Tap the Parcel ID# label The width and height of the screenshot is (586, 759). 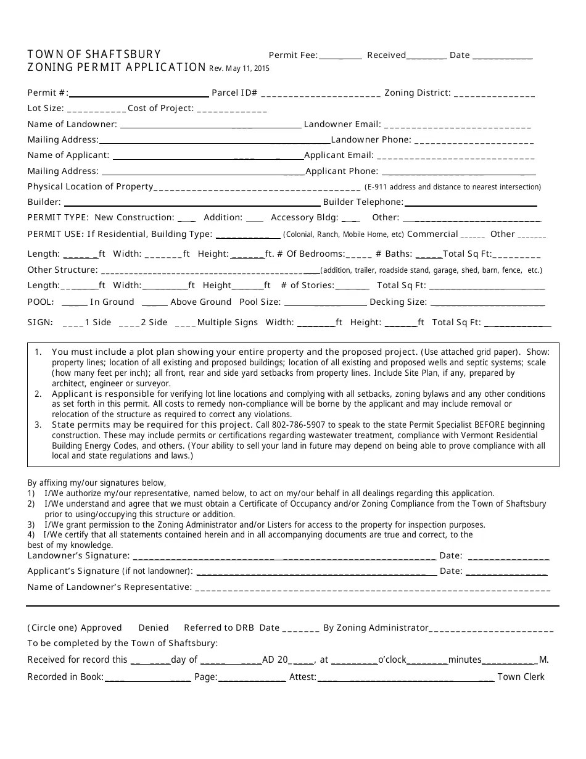point(234,93)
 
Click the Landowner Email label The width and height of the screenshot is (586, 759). point(342,124)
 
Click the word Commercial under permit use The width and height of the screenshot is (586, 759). point(432,234)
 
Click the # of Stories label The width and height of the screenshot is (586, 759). point(307,285)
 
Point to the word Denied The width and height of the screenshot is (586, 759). point(154,628)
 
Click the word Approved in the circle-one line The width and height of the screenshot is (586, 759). point(101,628)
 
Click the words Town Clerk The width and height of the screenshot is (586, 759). point(521,677)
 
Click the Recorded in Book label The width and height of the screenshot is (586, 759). point(65,677)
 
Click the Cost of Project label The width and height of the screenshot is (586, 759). point(160,109)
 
